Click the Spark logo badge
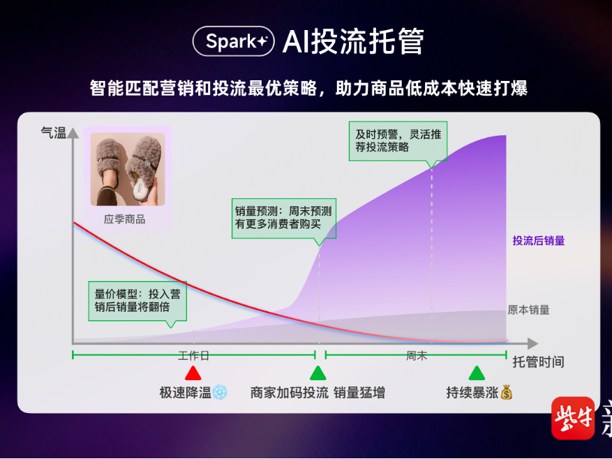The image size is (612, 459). coord(234,42)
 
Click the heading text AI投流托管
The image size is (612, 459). coord(353,42)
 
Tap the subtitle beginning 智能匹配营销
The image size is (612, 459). coord(308,88)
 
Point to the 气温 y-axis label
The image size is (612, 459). coord(53,133)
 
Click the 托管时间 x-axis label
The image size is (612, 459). coord(538,361)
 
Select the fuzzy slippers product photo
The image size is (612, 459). coord(128,170)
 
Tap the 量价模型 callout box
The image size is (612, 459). coord(138,301)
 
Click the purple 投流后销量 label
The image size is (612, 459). coord(538,241)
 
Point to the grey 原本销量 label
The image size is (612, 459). coord(528,310)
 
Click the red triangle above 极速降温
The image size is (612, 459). coord(193,373)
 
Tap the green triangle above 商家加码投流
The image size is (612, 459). coord(318,373)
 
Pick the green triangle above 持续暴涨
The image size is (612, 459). coord(477,373)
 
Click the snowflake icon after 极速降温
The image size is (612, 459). coord(221,393)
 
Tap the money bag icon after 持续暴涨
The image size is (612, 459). coord(507,393)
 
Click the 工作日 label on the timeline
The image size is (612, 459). coord(193,356)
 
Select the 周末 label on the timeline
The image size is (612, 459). coord(416,356)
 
